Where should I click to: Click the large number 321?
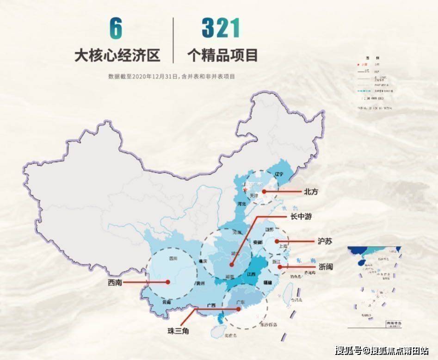[x=222, y=29]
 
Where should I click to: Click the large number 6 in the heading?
[x=116, y=29]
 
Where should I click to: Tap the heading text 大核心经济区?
[x=117, y=56]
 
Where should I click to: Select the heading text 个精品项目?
[x=222, y=56]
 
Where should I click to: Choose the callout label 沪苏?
[x=325, y=242]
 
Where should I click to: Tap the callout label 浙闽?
[x=326, y=267]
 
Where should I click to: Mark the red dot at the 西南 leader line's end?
[x=168, y=282]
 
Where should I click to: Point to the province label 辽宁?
[x=278, y=174]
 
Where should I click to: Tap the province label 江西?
[x=252, y=274]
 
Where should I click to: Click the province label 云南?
[x=167, y=302]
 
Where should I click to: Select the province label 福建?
[x=267, y=282]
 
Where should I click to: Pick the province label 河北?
[x=240, y=203]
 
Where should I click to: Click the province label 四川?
[x=173, y=258]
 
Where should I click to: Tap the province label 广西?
[x=211, y=305]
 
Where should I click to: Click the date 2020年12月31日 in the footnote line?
[x=155, y=77]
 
